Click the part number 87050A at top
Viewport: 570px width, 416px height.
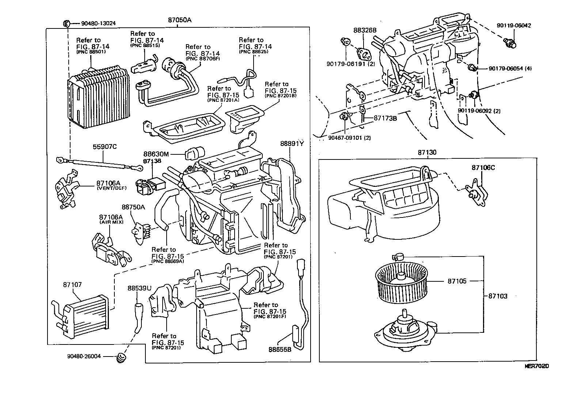click(x=179, y=20)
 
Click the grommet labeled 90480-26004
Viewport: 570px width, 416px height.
click(x=121, y=357)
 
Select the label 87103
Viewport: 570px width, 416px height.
click(x=498, y=296)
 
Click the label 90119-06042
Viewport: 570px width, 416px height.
click(x=514, y=26)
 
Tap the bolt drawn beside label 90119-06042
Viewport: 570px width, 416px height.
click(x=510, y=43)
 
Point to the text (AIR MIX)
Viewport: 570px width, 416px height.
click(x=111, y=222)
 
